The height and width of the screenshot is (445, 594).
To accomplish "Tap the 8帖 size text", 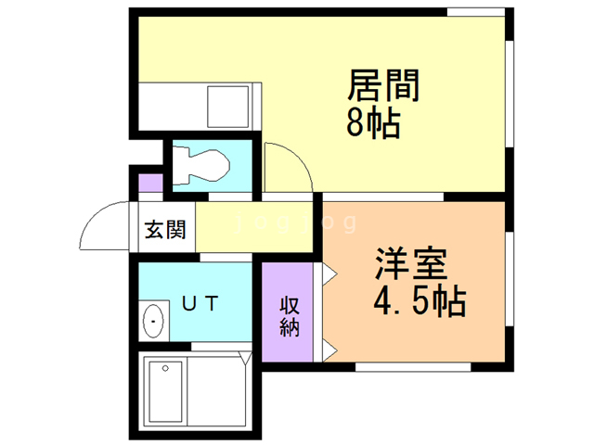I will coord(374,122).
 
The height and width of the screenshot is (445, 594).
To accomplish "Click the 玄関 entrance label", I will coord(165,229).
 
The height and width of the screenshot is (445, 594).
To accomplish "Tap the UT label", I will coord(199,302).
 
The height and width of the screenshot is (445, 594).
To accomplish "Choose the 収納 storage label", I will coord(290,316).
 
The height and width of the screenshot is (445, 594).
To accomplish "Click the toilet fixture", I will coord(200,166).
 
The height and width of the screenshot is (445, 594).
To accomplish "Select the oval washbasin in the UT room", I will coord(153,321).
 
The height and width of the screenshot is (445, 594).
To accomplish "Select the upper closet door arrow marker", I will coord(329,273).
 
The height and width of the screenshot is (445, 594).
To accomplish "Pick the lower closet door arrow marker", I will coord(329,349).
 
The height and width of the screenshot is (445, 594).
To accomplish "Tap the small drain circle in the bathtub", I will coord(166,367).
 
